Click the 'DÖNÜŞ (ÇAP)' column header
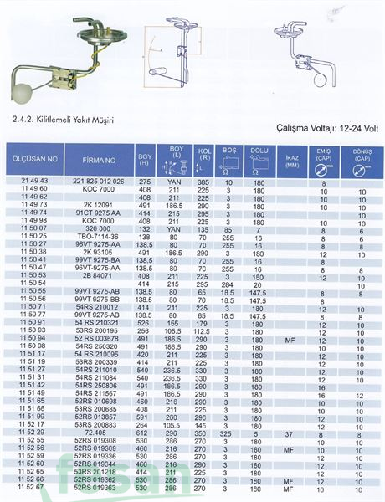(362, 160)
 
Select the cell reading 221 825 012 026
(98, 181)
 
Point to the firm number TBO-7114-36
(98, 237)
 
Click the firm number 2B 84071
(98, 274)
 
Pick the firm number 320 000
(98, 228)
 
